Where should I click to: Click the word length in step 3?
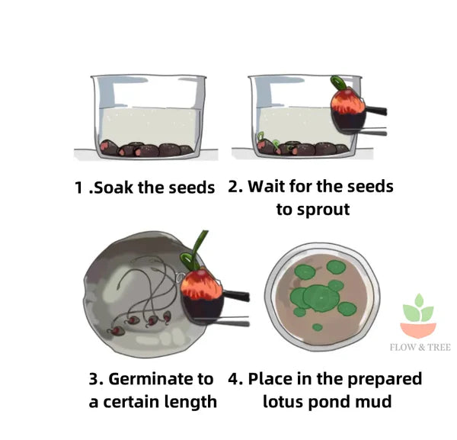click(x=191, y=401)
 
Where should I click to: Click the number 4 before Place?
click(x=235, y=379)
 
